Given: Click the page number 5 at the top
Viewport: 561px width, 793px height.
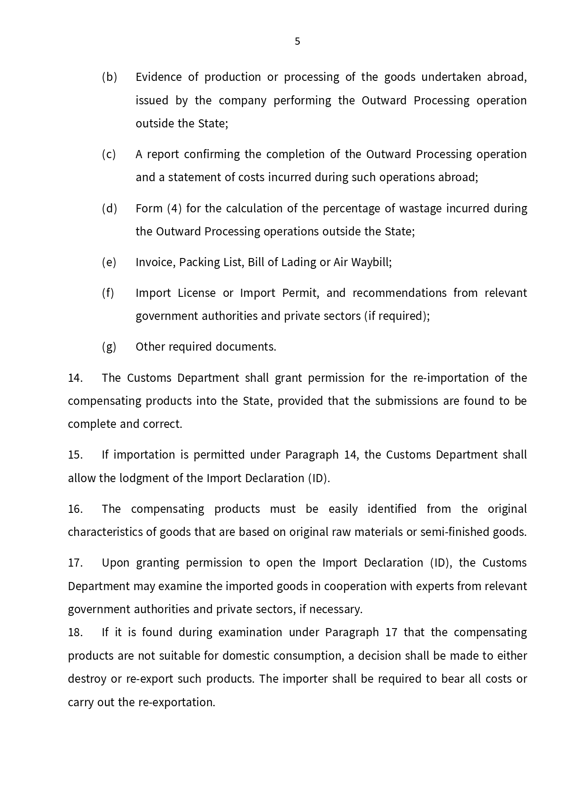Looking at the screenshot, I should pos(297,42).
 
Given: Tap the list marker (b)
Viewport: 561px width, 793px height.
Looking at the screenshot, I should pos(109,77).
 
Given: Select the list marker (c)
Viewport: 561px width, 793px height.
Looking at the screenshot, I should pos(109,155).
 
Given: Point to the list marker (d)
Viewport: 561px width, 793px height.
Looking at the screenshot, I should pos(109,209).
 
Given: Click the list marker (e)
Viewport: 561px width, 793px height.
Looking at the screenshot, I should pos(109,263).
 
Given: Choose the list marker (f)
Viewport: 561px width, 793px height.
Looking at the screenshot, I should pos(108,293).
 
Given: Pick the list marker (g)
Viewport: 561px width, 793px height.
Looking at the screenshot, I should pos(109,347).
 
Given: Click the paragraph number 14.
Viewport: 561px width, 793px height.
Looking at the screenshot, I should pos(75,378).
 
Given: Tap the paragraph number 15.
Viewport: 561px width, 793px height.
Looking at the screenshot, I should pos(75,455).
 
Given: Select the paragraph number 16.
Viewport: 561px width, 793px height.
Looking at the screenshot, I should pos(75,509).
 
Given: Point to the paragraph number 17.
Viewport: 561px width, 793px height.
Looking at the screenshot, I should pos(75,563).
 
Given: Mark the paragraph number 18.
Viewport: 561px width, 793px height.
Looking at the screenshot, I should pos(75,633).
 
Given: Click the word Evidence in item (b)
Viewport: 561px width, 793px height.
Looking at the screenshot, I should pos(159,77).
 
